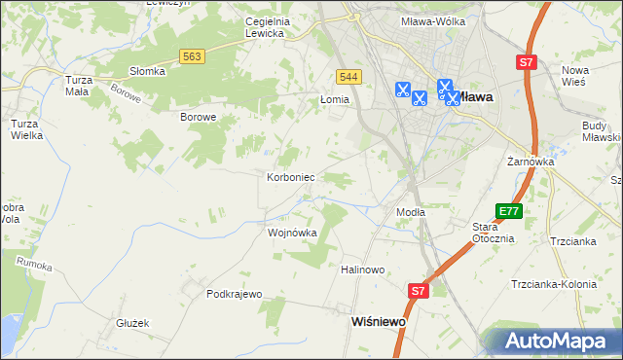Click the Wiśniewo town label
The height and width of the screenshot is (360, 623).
click(x=378, y=319)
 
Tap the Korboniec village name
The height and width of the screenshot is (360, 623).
click(x=289, y=178)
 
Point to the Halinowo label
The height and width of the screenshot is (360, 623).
click(x=363, y=270)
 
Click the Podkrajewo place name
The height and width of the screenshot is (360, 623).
click(x=235, y=294)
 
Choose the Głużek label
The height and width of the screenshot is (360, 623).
click(x=130, y=323)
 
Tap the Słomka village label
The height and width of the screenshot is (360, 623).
click(x=147, y=71)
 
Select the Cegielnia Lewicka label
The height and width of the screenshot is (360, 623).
click(x=251, y=27)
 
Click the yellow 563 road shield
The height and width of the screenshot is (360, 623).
click(x=192, y=57)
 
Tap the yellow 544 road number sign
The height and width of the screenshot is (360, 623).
click(x=348, y=76)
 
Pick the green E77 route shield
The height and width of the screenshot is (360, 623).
click(x=509, y=211)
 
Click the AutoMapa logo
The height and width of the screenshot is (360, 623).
click(x=557, y=342)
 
